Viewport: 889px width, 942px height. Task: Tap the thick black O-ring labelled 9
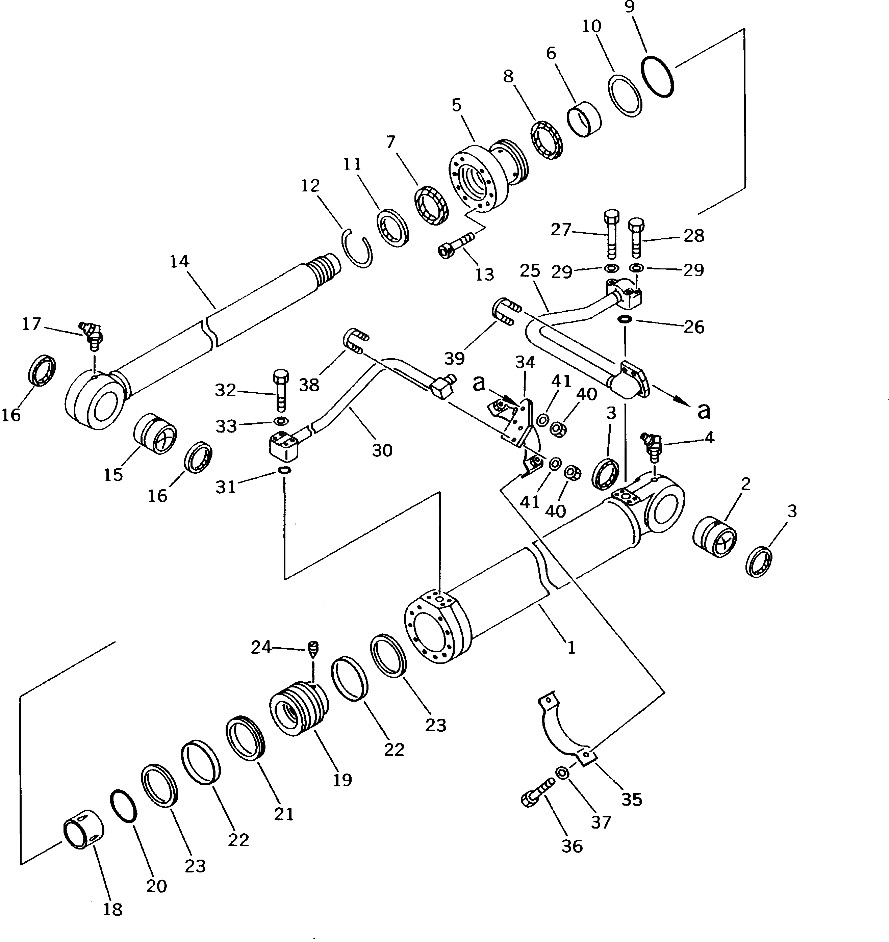(x=657, y=77)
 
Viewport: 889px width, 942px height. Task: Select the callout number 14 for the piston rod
(x=180, y=261)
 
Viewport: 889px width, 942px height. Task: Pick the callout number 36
(x=572, y=846)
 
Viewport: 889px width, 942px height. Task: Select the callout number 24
(x=261, y=647)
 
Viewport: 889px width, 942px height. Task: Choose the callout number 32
(x=225, y=390)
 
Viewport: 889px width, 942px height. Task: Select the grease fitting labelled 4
(x=653, y=445)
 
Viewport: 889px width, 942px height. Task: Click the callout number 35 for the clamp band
(x=632, y=800)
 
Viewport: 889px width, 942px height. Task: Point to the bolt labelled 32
(x=280, y=390)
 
